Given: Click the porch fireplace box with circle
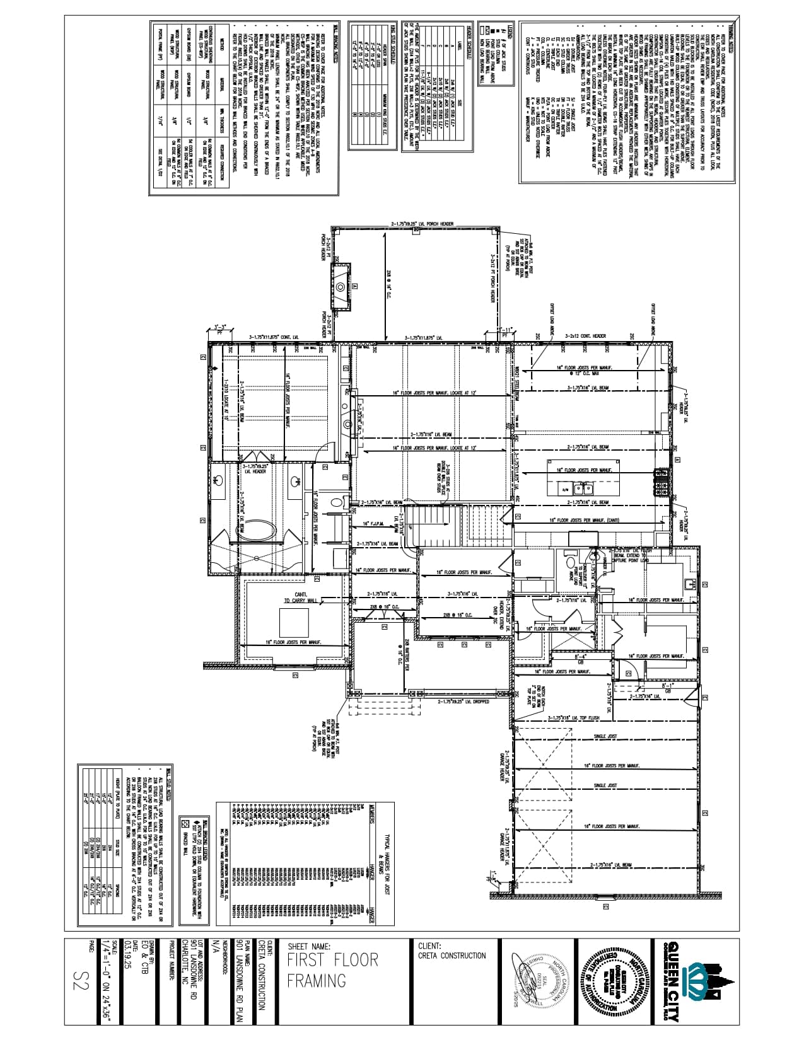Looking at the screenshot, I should [x=341, y=287].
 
